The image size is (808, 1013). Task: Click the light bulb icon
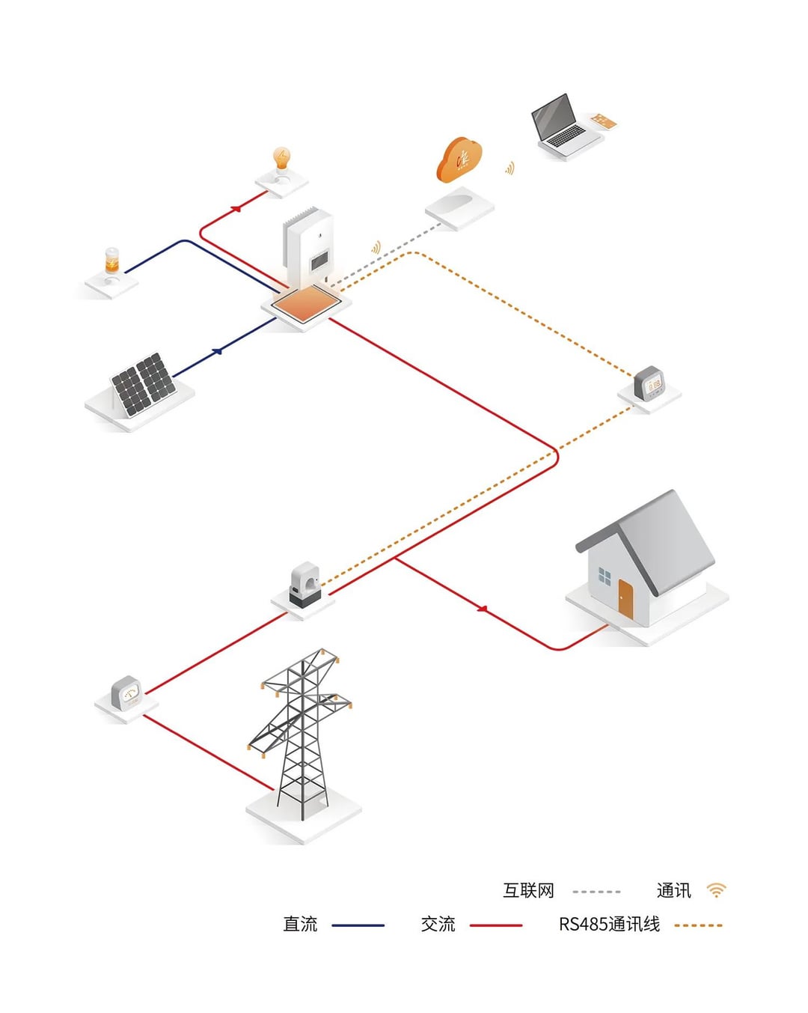point(282,159)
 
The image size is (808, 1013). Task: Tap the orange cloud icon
point(459,159)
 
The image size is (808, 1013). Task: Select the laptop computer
point(560,124)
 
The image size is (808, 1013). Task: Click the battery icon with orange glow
point(111,261)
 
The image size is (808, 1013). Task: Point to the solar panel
point(143,384)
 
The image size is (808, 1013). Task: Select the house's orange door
point(625,598)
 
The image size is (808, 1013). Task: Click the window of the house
point(605,577)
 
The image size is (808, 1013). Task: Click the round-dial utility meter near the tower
point(127,693)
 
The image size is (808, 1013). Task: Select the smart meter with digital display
point(649,384)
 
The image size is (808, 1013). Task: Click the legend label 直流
point(300,925)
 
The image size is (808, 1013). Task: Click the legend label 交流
point(438,925)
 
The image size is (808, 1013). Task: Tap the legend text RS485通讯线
point(609,925)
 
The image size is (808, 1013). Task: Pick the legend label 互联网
point(528,891)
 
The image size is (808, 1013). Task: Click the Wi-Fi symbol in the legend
point(716,890)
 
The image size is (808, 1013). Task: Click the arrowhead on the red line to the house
point(483,609)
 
